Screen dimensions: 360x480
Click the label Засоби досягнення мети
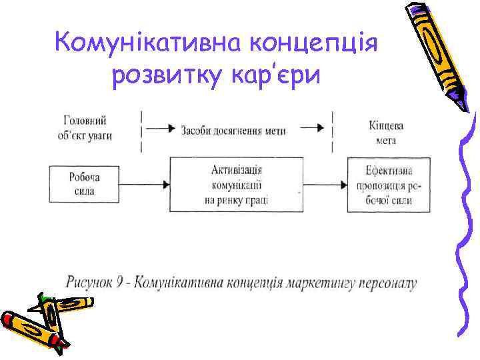coord(233,130)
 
